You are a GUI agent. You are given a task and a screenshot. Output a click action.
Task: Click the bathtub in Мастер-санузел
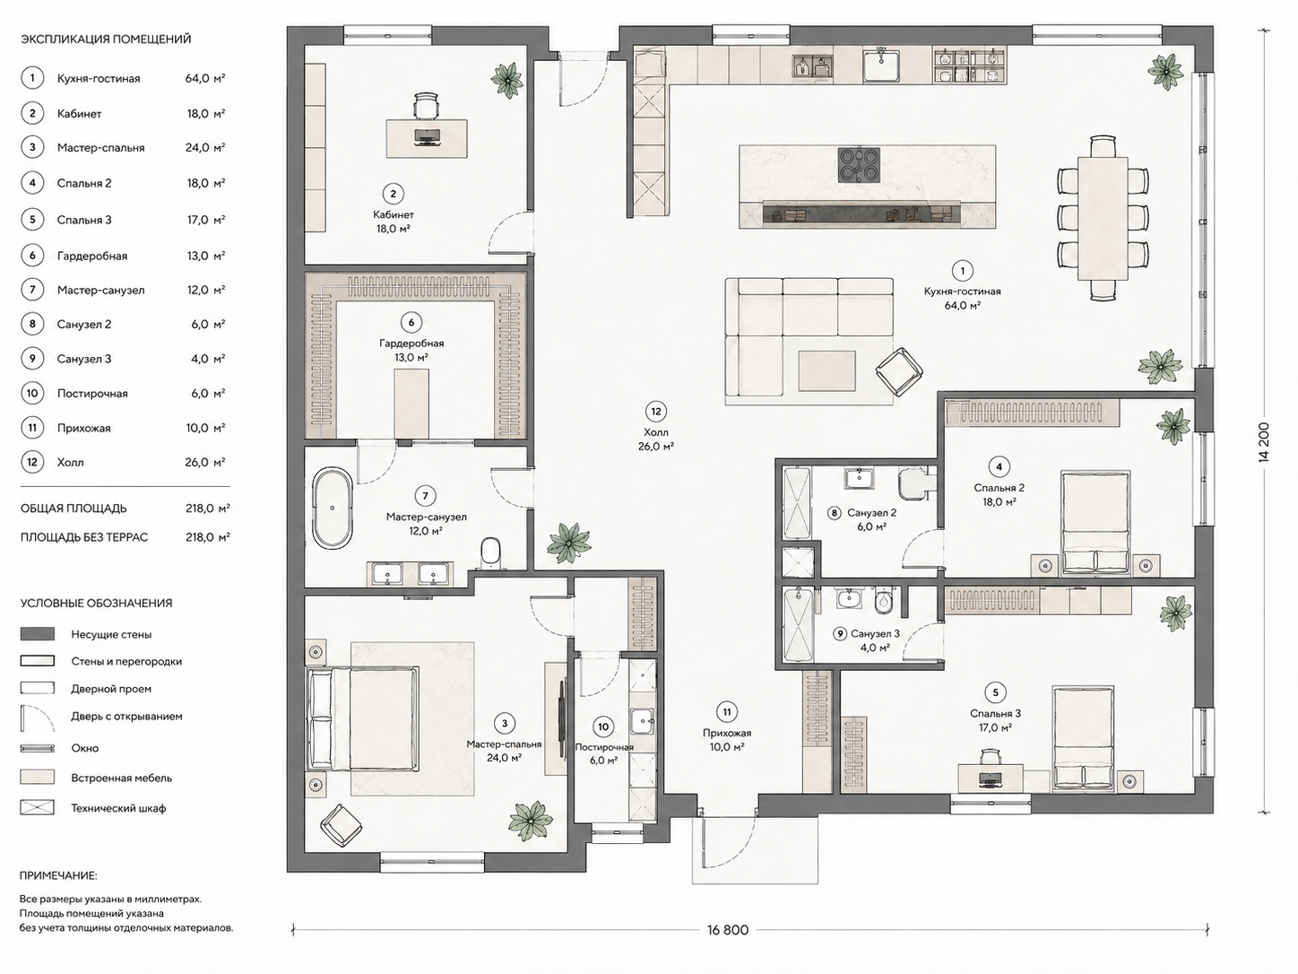point(333,508)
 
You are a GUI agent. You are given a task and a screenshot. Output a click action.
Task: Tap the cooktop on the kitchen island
point(859,164)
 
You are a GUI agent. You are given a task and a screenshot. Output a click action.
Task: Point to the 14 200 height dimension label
point(1264,442)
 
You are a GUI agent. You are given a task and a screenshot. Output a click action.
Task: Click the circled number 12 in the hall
point(655,412)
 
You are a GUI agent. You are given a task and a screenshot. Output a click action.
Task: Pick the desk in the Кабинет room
point(427,138)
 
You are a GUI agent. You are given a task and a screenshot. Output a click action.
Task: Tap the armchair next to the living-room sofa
point(898,370)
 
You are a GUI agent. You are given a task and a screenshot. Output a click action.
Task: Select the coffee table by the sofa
point(826,370)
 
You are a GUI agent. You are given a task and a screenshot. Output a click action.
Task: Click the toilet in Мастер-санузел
point(490,552)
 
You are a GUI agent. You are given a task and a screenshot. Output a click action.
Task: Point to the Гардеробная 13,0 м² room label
point(411,350)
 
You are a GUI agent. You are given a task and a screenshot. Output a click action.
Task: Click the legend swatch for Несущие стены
point(38,634)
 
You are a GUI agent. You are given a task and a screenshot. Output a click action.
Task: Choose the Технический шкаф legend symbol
point(38,807)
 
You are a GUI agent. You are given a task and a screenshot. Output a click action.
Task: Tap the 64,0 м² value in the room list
point(205,78)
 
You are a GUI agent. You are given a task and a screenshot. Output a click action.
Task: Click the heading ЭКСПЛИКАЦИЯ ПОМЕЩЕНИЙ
point(106,39)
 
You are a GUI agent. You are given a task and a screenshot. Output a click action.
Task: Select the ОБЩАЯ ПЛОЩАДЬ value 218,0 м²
point(208,508)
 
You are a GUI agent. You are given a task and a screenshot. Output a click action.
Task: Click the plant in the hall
point(569,543)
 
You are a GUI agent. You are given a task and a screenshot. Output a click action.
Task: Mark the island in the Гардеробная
point(411,404)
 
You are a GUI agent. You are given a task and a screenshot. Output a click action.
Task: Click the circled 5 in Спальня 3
point(995,692)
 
